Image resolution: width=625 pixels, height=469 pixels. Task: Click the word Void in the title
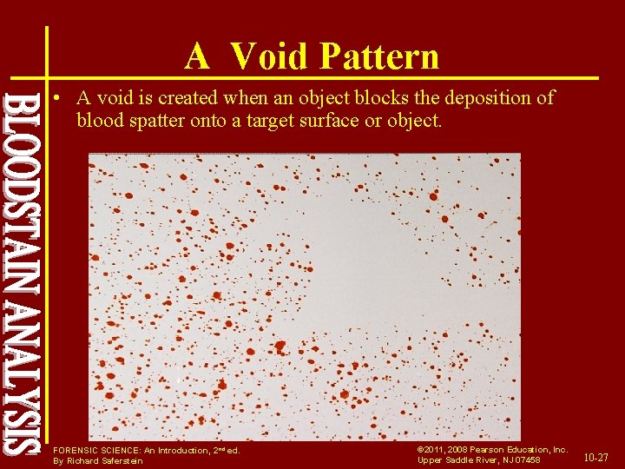click(270, 56)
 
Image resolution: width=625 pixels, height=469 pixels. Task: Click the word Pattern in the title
click(380, 56)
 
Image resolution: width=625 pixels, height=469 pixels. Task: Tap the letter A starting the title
click(197, 56)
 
